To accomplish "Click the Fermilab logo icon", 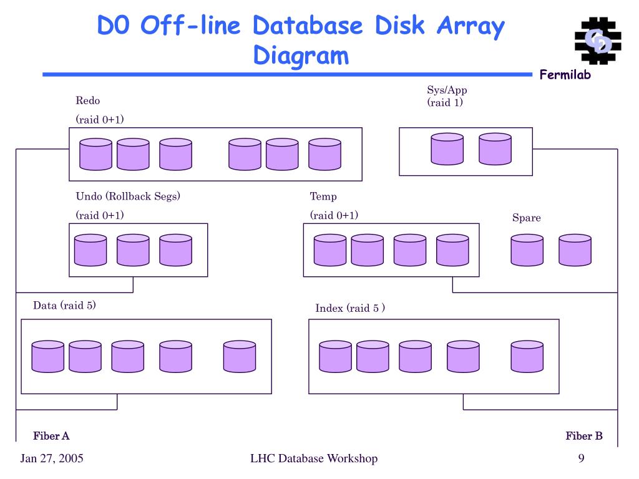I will pos(595,41).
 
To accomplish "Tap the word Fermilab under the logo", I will pos(565,75).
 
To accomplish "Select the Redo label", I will pos(88,100).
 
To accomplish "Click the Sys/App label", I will pos(447,90).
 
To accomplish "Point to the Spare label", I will pos(526,218).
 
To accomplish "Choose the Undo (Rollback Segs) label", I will pos(128,196).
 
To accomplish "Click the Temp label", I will pos(323,196).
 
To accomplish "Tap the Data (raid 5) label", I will pos(64,305).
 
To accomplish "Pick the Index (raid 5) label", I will pos(350,308).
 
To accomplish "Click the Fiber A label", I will pos(51,436).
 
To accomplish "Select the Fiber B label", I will pos(584,436).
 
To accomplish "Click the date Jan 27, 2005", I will pos(52,459).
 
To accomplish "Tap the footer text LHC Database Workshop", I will pos(314,459).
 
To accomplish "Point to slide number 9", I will pos(581,459).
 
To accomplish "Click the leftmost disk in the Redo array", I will pos(95,155).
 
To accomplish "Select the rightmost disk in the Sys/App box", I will pos(495,149).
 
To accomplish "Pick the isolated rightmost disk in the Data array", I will pos(240,357).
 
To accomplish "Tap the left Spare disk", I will pos(527,250).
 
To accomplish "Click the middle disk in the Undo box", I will pos(133,250).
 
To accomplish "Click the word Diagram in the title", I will pos(301,56).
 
